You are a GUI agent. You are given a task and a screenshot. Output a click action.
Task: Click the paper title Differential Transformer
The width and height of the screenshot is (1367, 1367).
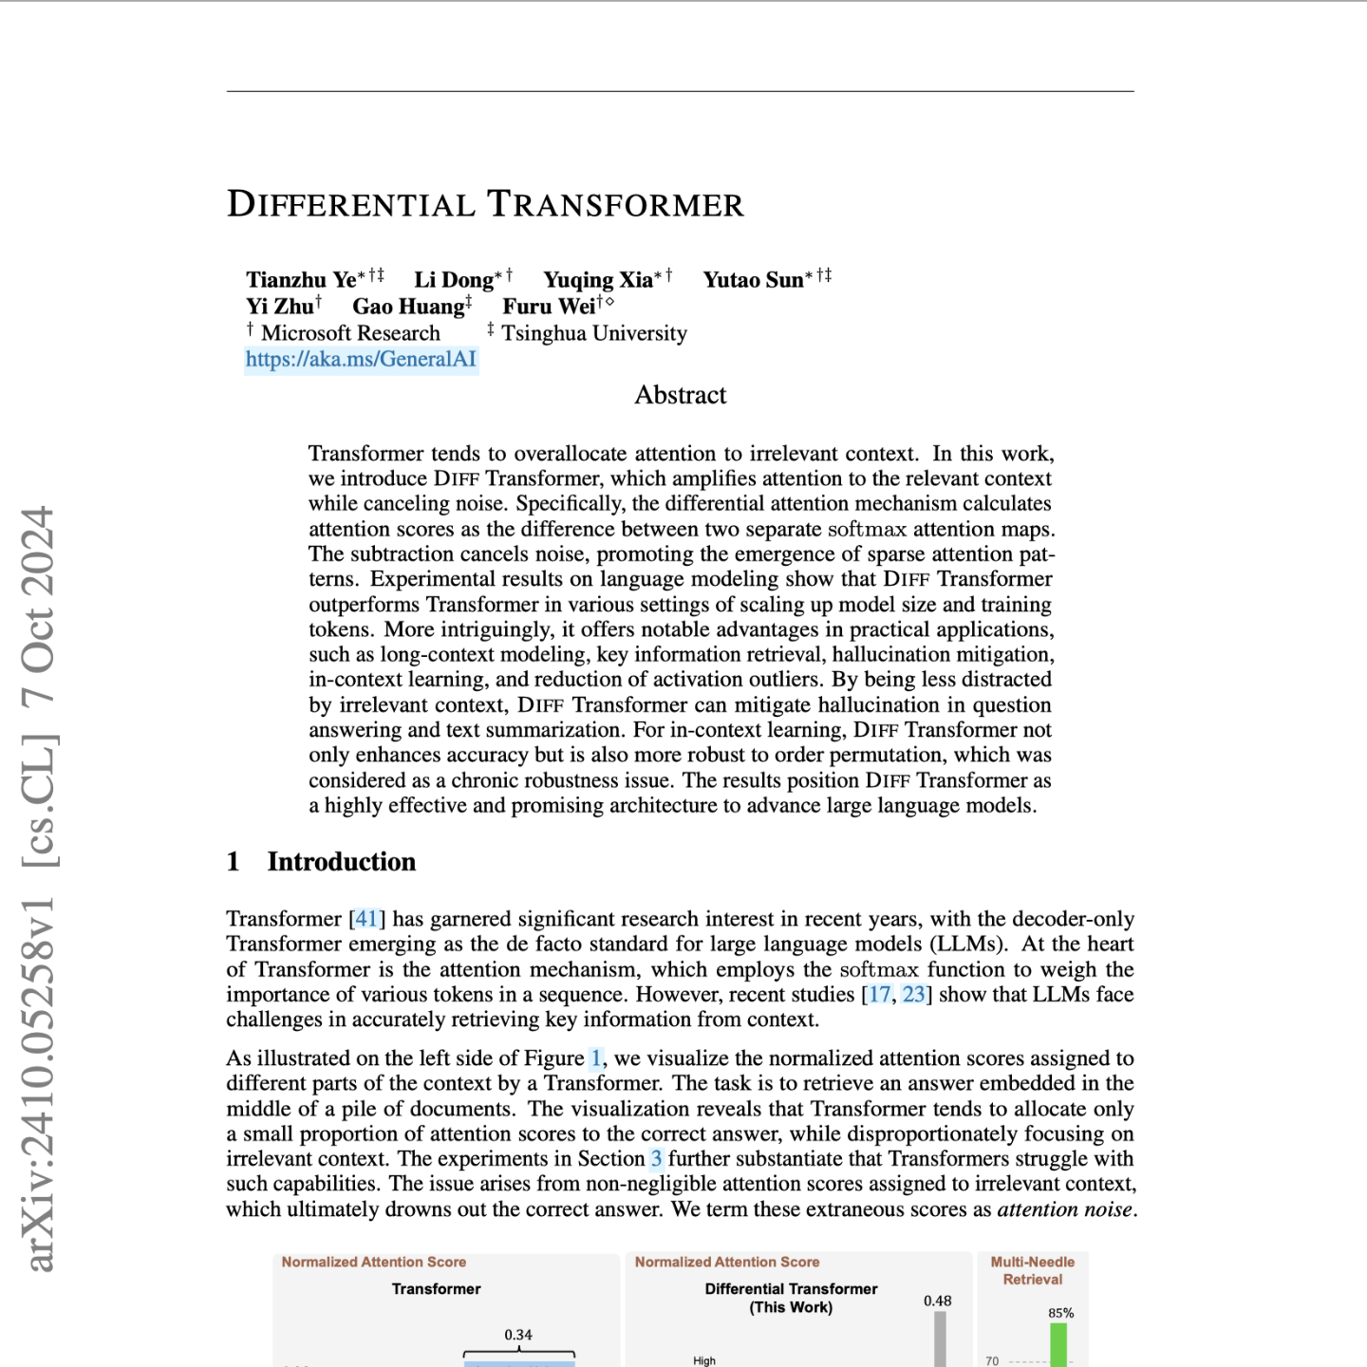coord(485,205)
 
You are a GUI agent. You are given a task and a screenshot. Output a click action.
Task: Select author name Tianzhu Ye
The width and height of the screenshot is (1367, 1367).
coord(301,280)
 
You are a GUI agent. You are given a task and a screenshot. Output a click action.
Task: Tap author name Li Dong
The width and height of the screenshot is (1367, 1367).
coord(454,280)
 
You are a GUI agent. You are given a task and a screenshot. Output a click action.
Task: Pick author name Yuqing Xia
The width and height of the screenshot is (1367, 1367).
coord(598,280)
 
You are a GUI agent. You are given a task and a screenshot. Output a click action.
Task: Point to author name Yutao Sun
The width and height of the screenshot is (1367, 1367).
coord(754,280)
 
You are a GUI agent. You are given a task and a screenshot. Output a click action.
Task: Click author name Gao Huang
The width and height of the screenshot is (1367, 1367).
coord(408,307)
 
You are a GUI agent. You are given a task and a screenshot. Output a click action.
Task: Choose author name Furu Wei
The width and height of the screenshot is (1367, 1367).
coord(549,307)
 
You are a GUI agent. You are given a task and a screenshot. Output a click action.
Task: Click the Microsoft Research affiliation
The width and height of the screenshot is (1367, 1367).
coord(350,333)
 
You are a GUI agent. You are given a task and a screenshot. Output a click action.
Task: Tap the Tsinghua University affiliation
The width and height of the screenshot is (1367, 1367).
coord(594,333)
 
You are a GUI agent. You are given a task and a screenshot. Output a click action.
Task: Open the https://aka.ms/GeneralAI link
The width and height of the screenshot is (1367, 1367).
coord(361,359)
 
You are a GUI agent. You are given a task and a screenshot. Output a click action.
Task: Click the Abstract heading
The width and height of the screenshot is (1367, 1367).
coord(681,395)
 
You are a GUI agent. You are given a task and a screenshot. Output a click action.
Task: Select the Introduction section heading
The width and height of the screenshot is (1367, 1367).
coord(342,862)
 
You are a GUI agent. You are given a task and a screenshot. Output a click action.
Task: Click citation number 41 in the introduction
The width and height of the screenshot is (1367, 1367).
coord(367,919)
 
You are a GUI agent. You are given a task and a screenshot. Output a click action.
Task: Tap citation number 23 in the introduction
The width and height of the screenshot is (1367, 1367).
coord(913,994)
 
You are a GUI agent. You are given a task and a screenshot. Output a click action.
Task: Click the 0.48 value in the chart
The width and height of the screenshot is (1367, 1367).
coord(937,1301)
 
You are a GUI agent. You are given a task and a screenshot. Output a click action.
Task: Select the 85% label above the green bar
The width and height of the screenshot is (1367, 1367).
coord(1060,1313)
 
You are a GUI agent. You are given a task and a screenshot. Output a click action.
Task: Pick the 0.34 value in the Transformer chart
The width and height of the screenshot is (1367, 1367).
coord(518,1335)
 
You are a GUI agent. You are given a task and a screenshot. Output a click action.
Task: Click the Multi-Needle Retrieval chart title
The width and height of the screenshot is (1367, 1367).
coord(1033,1270)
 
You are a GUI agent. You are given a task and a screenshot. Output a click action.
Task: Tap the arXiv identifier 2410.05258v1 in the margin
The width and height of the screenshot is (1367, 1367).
coord(39,1082)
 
